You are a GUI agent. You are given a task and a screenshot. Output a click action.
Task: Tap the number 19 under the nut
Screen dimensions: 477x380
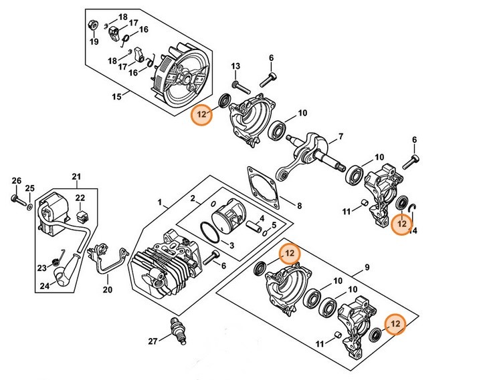[x=94, y=41]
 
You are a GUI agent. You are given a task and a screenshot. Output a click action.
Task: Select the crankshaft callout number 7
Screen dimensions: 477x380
[x=341, y=136]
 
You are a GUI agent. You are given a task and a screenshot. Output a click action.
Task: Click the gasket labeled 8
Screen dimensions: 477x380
[x=263, y=187]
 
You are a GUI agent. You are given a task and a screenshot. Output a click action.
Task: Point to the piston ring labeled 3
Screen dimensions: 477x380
[x=210, y=232]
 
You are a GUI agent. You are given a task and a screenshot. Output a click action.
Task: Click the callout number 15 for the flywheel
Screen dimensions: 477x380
[x=116, y=97]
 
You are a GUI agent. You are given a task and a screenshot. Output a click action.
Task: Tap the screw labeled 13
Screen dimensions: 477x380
[x=241, y=87]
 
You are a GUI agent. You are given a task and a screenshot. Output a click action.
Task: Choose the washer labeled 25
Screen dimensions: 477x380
[x=29, y=207]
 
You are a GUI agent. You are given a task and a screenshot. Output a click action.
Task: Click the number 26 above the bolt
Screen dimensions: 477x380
[x=17, y=181]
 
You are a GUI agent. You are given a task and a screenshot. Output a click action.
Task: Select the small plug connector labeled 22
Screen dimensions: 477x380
[x=82, y=217]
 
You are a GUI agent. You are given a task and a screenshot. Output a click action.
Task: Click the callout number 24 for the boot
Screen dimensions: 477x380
[x=44, y=286]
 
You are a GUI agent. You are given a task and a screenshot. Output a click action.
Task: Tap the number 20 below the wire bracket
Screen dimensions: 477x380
[x=108, y=289]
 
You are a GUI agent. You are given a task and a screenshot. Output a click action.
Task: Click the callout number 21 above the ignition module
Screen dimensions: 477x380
[x=76, y=176]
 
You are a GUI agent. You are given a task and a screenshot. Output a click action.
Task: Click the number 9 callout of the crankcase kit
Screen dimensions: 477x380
[x=367, y=267]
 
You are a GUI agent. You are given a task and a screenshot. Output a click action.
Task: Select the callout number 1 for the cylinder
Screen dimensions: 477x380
[x=160, y=202]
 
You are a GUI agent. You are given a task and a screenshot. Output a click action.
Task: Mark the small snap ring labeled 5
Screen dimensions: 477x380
[x=264, y=232]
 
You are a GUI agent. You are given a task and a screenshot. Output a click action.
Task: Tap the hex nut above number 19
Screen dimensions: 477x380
[x=92, y=25]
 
